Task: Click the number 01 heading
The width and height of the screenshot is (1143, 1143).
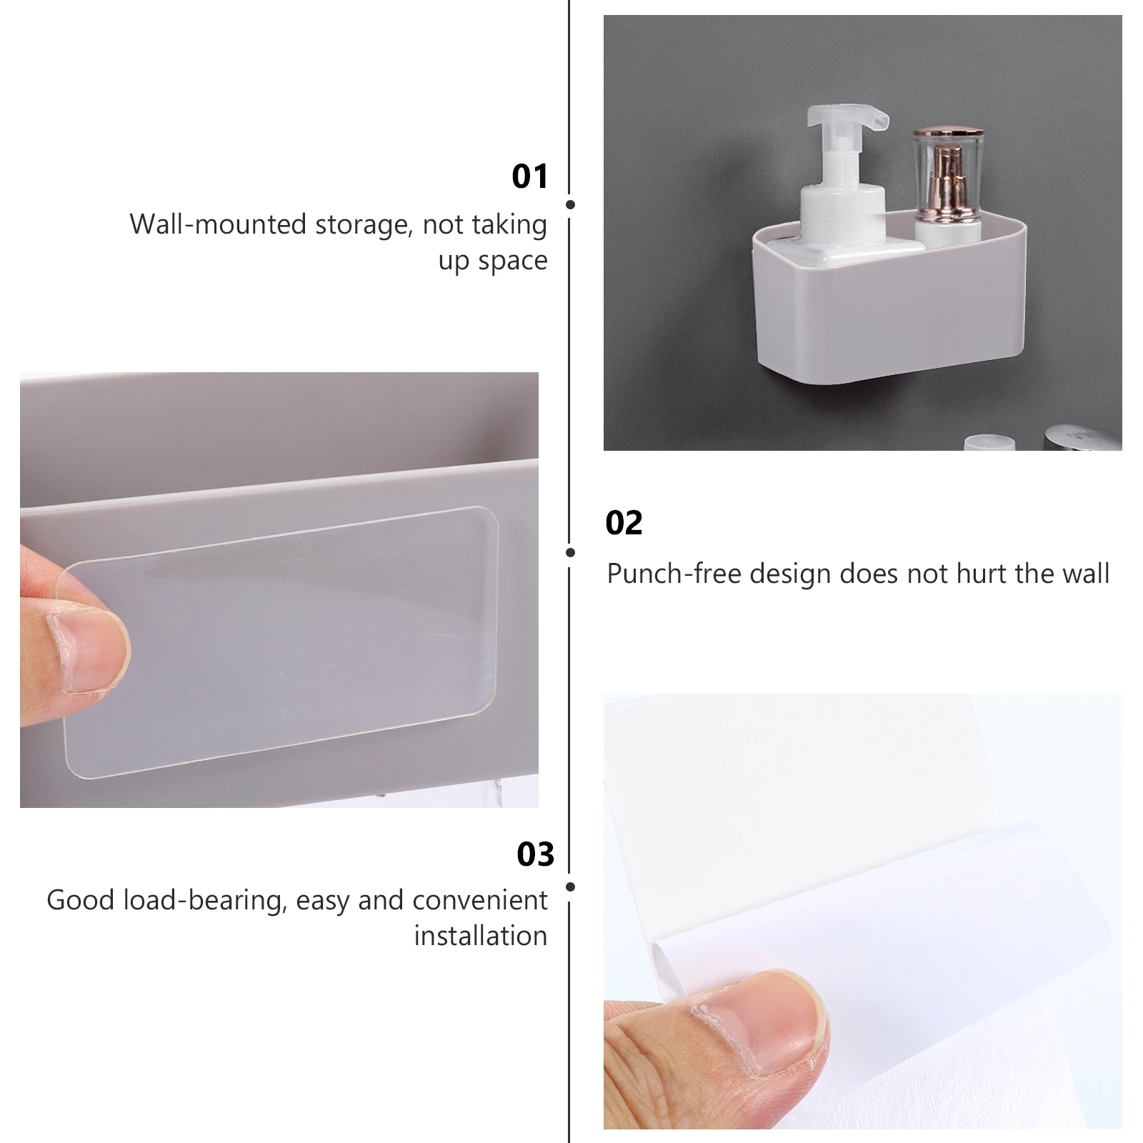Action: pyautogui.click(x=530, y=176)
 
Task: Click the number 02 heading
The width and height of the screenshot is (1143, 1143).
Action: pyautogui.click(x=624, y=523)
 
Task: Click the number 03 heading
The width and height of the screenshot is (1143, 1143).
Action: pyautogui.click(x=535, y=854)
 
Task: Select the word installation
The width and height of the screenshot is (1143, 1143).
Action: pyautogui.click(x=481, y=935)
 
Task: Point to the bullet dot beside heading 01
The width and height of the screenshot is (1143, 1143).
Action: pyautogui.click(x=570, y=205)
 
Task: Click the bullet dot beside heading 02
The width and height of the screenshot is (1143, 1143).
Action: pyautogui.click(x=570, y=552)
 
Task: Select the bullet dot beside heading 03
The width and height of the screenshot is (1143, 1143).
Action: pyautogui.click(x=570, y=887)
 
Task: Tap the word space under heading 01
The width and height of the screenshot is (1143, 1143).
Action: pyautogui.click(x=513, y=261)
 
